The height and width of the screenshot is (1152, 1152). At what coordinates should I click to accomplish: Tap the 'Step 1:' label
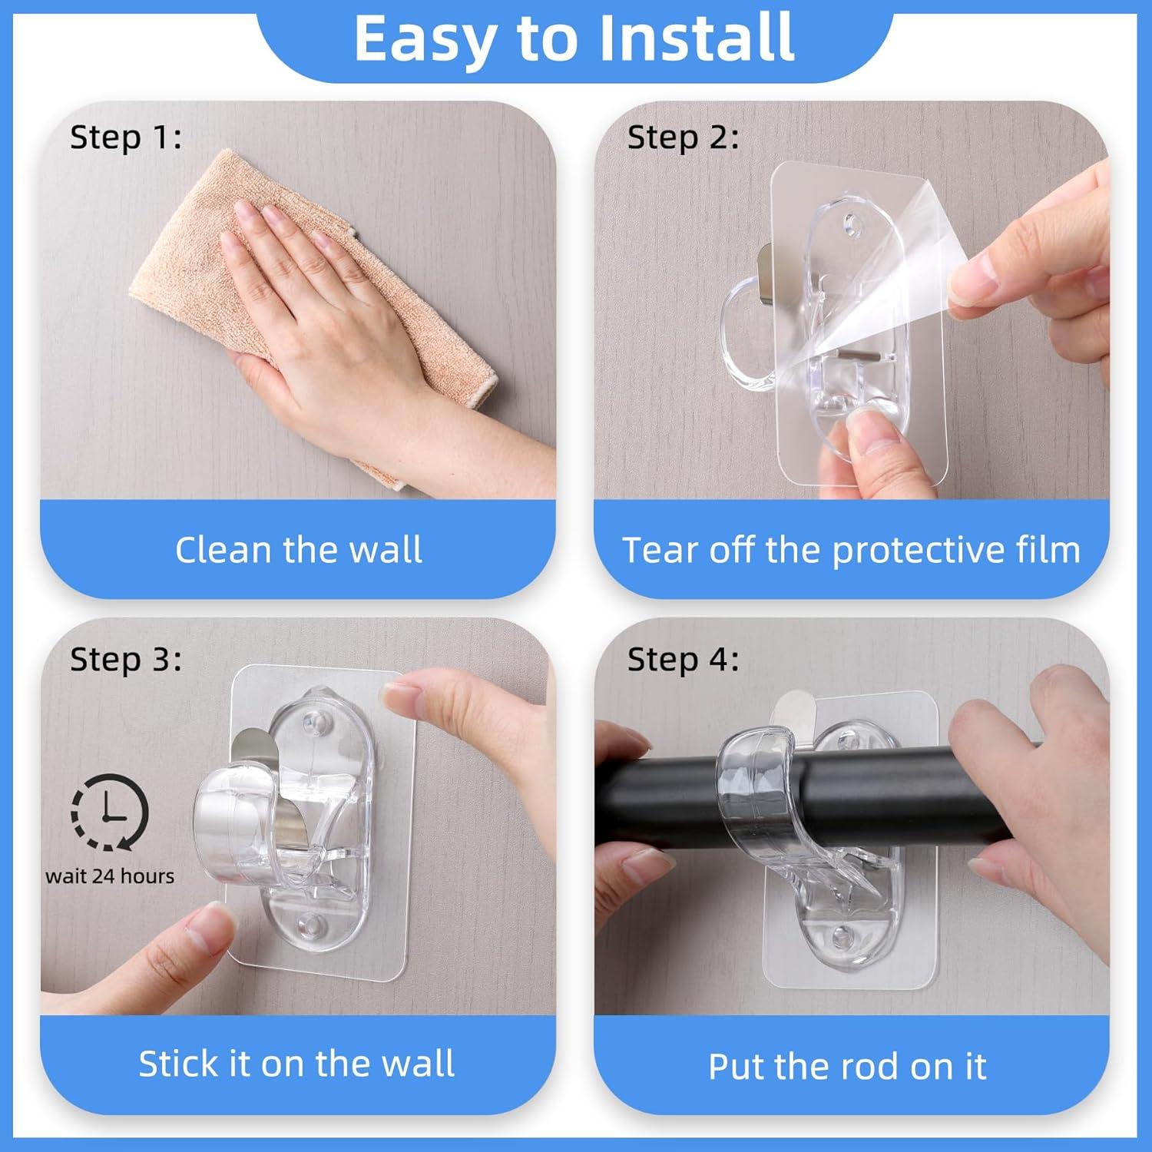tap(126, 138)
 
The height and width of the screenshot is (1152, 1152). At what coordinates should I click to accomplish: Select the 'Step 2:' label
tap(683, 138)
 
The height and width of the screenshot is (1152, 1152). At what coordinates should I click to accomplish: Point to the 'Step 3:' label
tap(126, 660)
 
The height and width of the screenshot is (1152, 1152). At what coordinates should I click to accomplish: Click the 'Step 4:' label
tap(683, 660)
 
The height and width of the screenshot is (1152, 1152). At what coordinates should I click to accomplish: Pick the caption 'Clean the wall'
tap(298, 550)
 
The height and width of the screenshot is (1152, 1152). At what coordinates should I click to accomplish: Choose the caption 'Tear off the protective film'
tap(851, 550)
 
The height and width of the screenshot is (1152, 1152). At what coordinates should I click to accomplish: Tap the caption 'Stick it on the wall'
tap(296, 1064)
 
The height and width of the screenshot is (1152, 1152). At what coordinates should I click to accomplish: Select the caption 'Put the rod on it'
tap(847, 1066)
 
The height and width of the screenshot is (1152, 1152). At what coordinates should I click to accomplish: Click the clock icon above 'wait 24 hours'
tap(110, 813)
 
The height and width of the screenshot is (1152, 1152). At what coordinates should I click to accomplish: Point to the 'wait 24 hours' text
tap(110, 876)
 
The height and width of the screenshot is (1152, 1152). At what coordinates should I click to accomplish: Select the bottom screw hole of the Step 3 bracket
tap(311, 924)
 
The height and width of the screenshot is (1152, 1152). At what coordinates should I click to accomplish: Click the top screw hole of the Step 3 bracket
tap(311, 722)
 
